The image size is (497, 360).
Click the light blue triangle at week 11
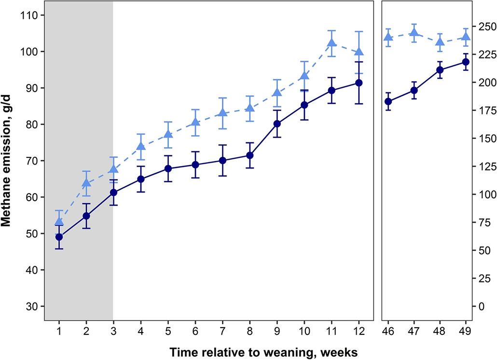click(331, 43)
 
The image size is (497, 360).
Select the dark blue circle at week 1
click(59, 237)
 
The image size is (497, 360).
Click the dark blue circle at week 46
click(388, 101)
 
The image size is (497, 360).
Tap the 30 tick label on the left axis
click(31, 306)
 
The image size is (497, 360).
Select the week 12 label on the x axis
click(359, 333)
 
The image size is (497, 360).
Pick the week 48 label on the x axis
click(440, 333)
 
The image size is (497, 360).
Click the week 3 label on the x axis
click(113, 333)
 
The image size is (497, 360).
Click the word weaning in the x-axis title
click(277, 353)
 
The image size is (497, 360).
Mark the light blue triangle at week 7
click(222, 113)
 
